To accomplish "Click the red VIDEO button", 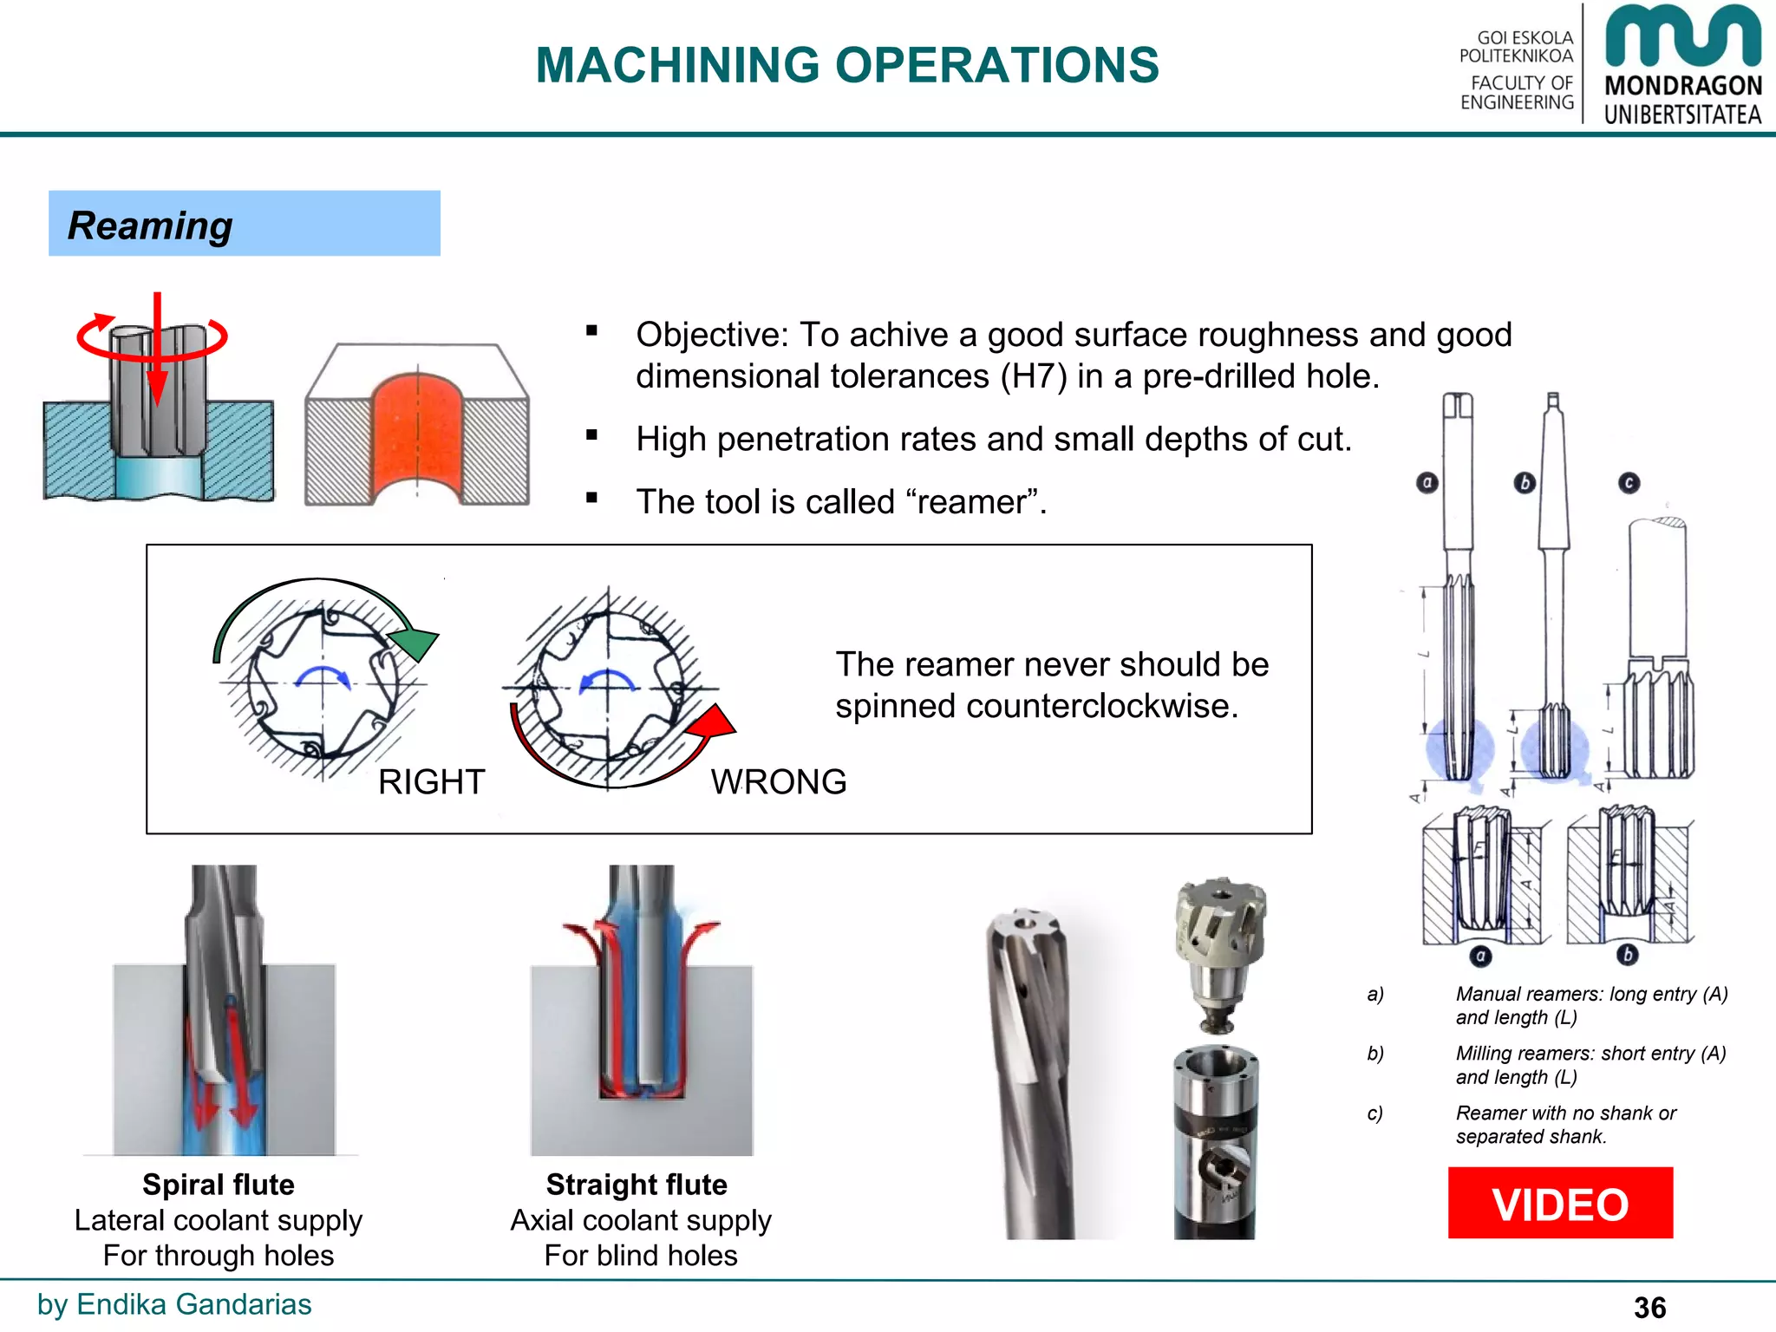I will coord(1559,1203).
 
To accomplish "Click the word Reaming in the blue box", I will coord(150,225).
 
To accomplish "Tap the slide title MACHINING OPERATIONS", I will coord(846,65).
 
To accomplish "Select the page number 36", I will coord(1649,1307).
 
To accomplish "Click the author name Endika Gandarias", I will coord(193,1304).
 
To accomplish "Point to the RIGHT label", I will coord(431,782).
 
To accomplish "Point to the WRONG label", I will coord(778,782).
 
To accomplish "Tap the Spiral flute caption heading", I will coord(219,1185).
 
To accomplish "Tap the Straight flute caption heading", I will coord(637,1185).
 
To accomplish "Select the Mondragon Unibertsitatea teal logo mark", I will coord(1682,36).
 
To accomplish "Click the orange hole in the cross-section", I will coord(417,429).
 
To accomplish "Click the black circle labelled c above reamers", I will coord(1629,482).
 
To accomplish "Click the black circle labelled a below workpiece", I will coord(1480,956).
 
